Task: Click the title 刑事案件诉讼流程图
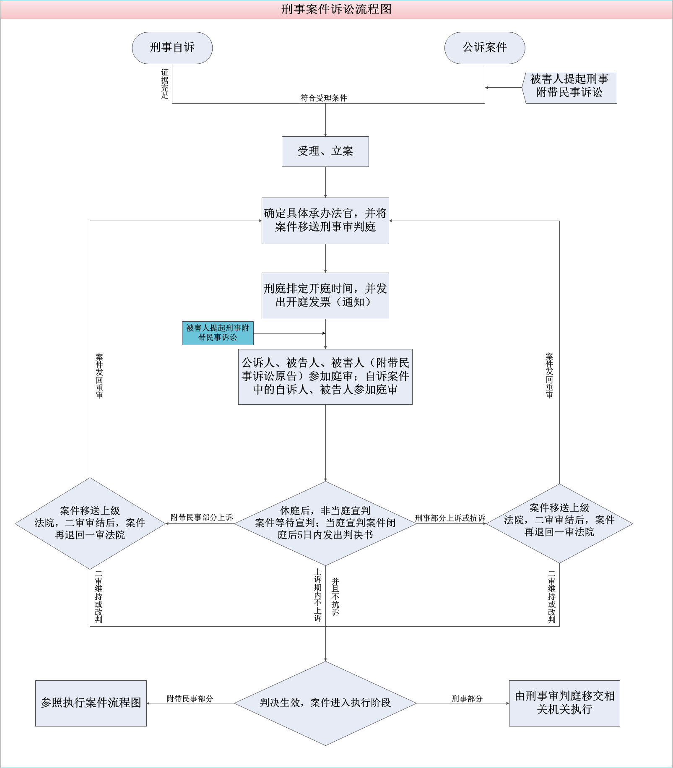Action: (336, 9)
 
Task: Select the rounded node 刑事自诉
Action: (172, 48)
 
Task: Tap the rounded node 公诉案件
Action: (484, 48)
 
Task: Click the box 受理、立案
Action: (325, 151)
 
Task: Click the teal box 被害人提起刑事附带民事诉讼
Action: (217, 333)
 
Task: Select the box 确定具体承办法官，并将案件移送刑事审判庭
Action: (325, 221)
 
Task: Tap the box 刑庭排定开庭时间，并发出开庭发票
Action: (325, 296)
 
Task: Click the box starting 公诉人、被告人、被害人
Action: (325, 377)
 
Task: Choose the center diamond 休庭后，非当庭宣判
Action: (325, 523)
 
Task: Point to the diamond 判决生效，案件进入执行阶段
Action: (325, 703)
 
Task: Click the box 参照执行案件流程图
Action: (91, 703)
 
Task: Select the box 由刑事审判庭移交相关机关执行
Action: (564, 703)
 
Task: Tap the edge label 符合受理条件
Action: (323, 98)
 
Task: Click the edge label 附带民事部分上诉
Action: (202, 518)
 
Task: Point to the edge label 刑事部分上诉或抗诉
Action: (450, 518)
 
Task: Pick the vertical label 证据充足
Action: (165, 84)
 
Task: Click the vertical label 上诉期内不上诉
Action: (318, 595)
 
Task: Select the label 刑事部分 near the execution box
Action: (467, 699)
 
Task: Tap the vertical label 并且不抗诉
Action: (335, 596)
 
